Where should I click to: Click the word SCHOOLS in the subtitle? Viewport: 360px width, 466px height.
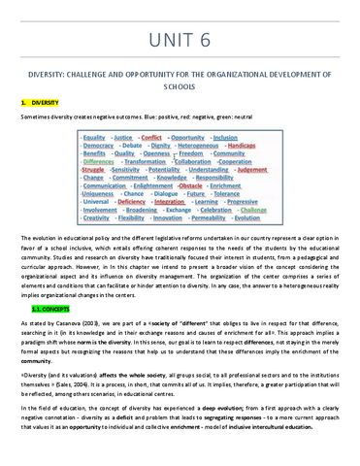180,84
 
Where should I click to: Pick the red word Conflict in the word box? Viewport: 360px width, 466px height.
153,138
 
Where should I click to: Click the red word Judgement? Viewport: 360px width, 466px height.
252,170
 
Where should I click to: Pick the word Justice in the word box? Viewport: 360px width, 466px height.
123,138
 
